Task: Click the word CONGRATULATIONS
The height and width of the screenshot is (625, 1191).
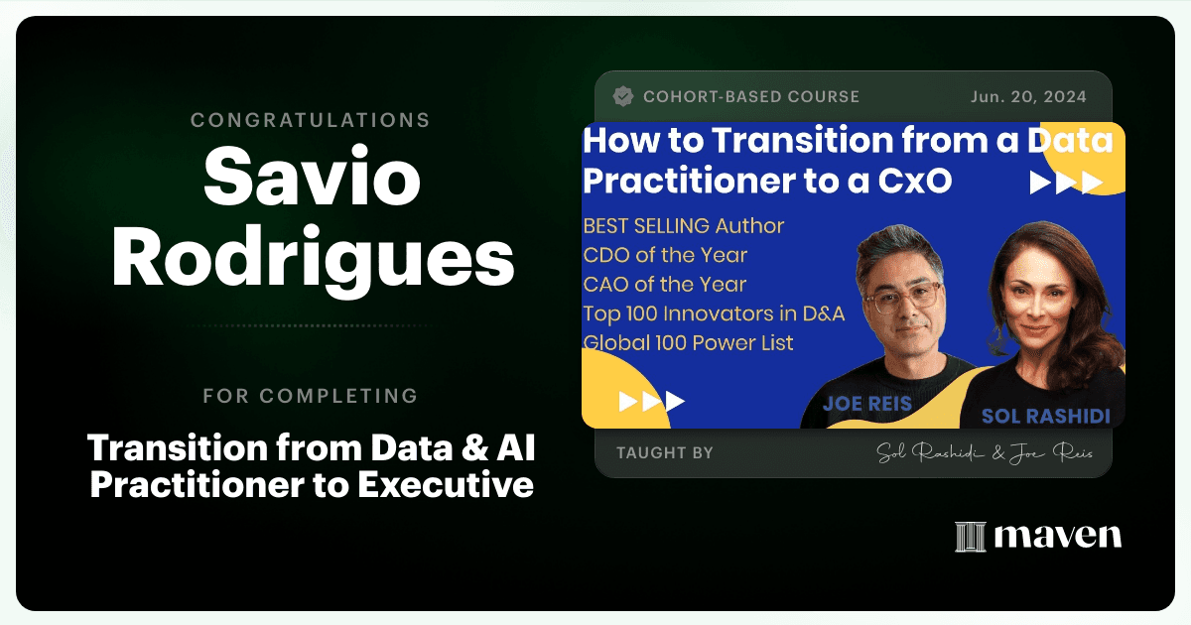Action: tap(311, 120)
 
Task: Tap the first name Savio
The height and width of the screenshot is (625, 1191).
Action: tap(312, 176)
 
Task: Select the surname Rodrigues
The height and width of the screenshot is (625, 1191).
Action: tap(314, 259)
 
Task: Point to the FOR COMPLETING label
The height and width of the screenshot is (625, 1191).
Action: tap(311, 396)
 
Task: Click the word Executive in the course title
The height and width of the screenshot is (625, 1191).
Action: tap(445, 485)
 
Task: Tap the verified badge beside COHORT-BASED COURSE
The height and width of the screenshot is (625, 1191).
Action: tap(623, 97)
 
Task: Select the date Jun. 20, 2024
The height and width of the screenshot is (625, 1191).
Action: tap(1028, 97)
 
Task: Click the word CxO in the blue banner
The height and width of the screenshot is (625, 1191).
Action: tap(914, 182)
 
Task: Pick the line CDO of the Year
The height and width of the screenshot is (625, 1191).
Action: tap(665, 255)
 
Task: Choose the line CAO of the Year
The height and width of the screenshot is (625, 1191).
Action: tap(665, 285)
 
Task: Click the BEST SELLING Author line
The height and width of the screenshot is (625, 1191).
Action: tap(683, 226)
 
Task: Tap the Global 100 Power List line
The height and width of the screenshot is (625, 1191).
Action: tap(689, 343)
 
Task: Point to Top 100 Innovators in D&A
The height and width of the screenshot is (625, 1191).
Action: tap(714, 313)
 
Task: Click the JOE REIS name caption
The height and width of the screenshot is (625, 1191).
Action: tap(867, 404)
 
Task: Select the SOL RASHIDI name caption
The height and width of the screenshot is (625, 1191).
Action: tap(1046, 416)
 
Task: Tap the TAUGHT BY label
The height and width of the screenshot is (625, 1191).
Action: tap(665, 452)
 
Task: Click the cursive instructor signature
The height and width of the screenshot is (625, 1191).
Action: tap(985, 452)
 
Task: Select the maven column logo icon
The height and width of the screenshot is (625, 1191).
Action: tap(971, 537)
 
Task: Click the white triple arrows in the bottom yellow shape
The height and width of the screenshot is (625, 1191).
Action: tap(652, 401)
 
